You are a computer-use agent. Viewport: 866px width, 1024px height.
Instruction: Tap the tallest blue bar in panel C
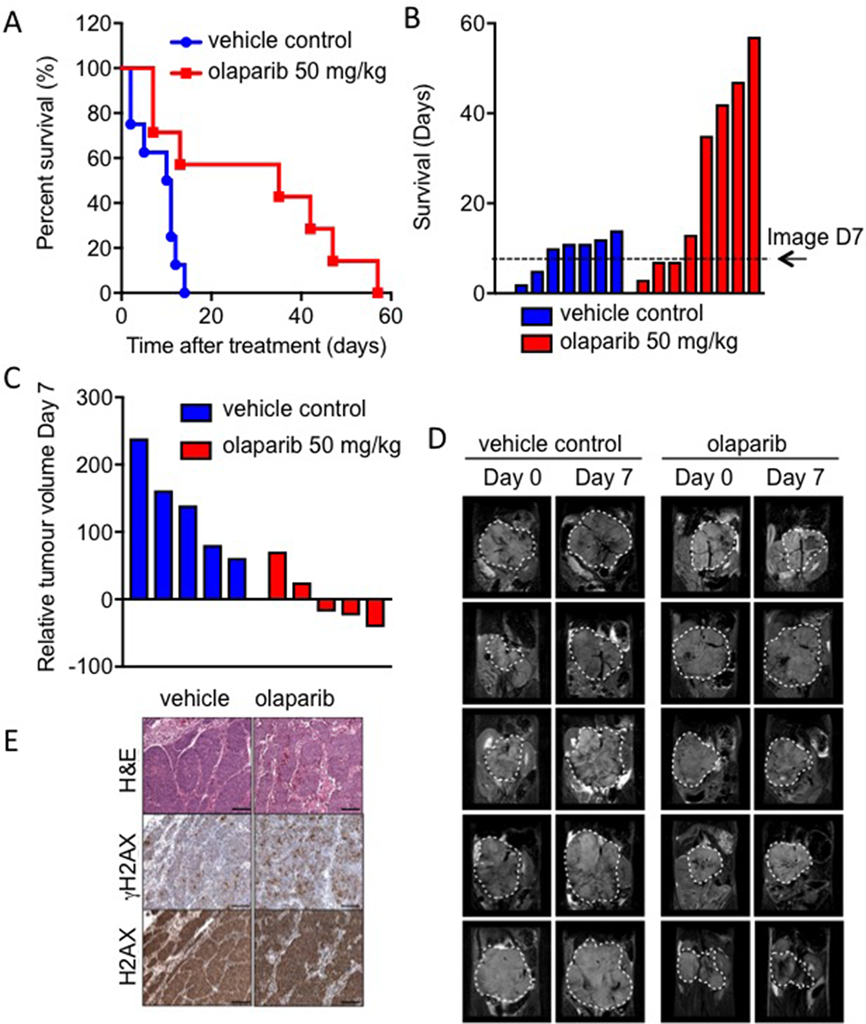tap(140, 518)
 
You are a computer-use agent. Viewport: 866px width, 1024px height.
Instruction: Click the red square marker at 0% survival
tap(377, 293)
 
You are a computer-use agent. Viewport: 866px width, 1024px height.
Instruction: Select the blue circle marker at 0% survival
tap(184, 293)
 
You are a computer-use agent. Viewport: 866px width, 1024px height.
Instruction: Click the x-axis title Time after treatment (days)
tap(257, 346)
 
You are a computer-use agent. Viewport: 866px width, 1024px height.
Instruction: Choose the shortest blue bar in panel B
tap(521, 289)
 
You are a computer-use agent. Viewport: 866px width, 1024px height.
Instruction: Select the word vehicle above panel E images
tap(195, 698)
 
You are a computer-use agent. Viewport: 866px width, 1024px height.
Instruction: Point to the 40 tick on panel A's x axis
tap(301, 316)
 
